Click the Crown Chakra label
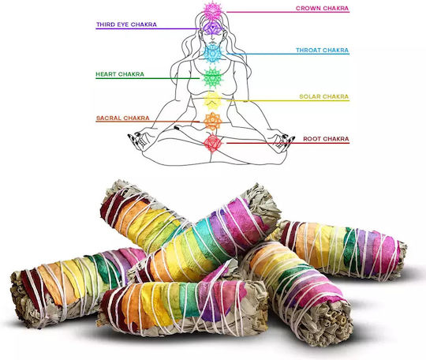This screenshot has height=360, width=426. (x=322, y=8)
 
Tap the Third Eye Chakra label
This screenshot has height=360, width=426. (x=126, y=24)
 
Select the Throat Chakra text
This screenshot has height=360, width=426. (x=322, y=51)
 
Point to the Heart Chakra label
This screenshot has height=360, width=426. (x=120, y=74)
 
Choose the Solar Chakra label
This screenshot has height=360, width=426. (x=324, y=96)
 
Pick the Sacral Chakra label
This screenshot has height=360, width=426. (x=123, y=118)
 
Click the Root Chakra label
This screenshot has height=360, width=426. (x=326, y=139)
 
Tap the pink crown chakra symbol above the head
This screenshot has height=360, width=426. (x=213, y=10)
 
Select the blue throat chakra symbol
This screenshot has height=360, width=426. (x=213, y=54)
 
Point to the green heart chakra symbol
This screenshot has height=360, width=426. (x=213, y=78)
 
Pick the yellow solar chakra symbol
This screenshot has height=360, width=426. (x=213, y=100)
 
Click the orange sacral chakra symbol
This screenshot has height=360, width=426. (x=213, y=122)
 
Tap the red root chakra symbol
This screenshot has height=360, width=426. (x=213, y=142)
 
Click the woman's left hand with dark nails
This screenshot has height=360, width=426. (x=283, y=141)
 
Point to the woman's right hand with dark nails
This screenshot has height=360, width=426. (x=139, y=140)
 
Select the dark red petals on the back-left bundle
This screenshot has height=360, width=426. (x=106, y=209)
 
